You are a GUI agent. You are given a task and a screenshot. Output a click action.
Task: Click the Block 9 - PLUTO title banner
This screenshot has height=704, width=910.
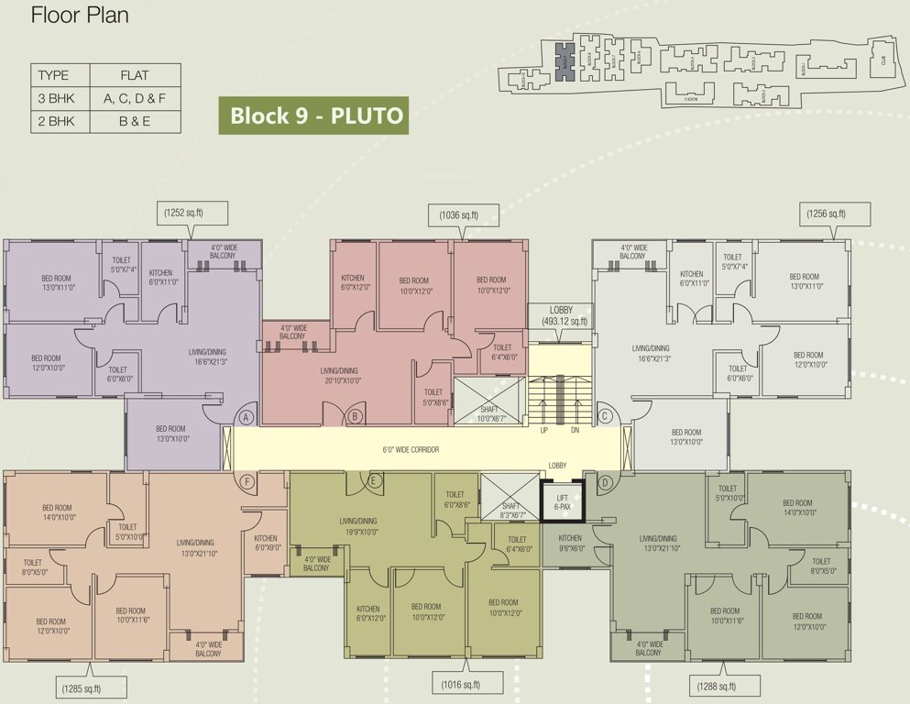coord(311,116)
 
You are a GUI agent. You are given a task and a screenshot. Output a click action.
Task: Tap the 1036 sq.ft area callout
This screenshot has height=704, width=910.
coord(465,215)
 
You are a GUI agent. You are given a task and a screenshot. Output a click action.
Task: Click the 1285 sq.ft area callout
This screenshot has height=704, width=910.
coord(94,687)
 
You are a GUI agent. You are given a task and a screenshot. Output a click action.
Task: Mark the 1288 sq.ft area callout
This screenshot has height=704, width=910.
coord(726,687)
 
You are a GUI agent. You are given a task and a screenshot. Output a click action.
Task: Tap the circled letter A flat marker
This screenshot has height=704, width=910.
coord(246,417)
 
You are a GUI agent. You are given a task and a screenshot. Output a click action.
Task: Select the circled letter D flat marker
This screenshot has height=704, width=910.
coord(605,481)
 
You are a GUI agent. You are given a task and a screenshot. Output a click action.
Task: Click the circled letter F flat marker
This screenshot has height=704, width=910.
coord(246,481)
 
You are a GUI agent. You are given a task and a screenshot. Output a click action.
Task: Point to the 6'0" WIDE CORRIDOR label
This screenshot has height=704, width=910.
coord(411,450)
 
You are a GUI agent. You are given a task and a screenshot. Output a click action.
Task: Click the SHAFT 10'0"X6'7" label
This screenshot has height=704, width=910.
coord(489,413)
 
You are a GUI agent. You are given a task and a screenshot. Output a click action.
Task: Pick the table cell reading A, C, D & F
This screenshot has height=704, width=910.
coord(135,97)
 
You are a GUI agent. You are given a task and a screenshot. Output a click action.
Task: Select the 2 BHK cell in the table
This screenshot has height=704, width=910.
coord(56,120)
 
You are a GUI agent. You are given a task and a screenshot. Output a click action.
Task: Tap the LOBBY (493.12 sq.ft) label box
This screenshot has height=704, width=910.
coord(562,316)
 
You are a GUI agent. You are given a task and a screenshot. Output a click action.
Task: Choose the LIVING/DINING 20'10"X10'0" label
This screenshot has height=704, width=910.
coord(340,375)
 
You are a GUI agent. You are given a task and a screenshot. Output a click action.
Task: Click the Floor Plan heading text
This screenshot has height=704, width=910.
coord(80,16)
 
